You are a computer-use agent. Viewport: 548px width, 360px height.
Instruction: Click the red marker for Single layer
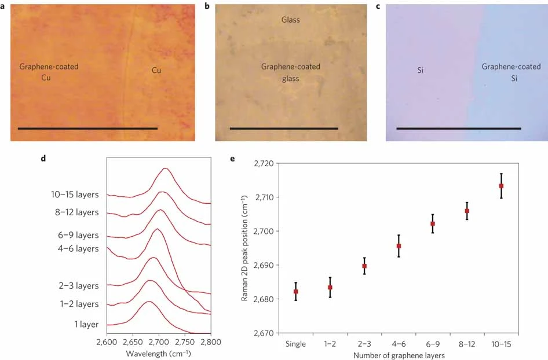click(x=296, y=291)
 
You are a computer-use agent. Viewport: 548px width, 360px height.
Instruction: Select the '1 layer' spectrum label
click(x=86, y=325)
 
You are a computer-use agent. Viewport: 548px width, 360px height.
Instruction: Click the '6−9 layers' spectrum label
click(x=78, y=236)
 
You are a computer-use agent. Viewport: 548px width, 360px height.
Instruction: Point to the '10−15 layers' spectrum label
click(x=75, y=194)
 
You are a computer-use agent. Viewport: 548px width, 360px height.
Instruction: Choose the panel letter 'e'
click(x=232, y=159)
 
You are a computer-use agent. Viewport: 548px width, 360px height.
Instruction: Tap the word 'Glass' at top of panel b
click(x=290, y=20)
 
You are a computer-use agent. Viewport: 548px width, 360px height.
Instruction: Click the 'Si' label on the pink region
click(x=421, y=71)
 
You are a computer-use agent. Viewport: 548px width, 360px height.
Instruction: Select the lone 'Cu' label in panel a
click(x=156, y=71)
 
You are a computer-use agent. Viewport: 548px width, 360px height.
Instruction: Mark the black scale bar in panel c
click(x=459, y=128)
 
